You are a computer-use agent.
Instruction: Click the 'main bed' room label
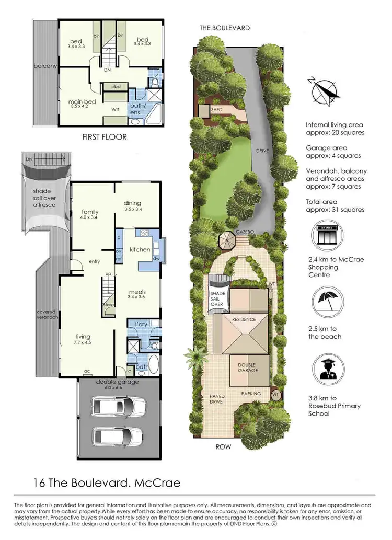tap(81, 102)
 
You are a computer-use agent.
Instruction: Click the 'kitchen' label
tap(140, 250)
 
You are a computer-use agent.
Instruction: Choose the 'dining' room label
tap(133, 203)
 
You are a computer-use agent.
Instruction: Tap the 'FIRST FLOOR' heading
tap(105, 137)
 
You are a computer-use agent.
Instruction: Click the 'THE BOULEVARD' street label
tap(225, 28)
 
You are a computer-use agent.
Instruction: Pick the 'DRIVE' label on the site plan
tap(262, 151)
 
